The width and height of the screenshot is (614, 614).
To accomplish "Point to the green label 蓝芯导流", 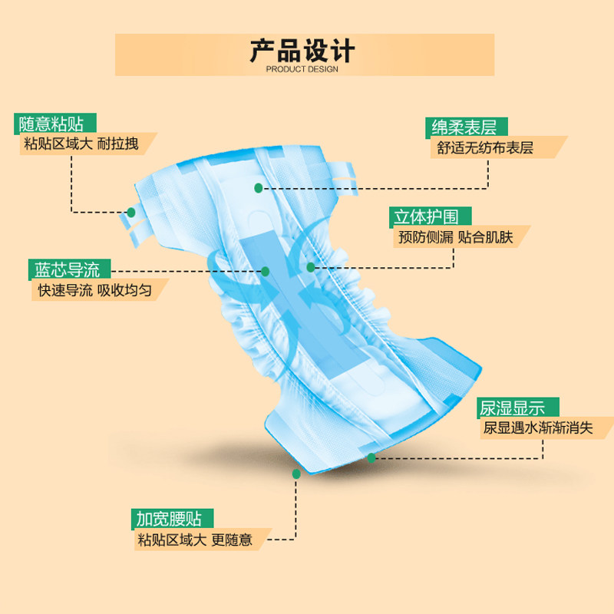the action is [67, 269].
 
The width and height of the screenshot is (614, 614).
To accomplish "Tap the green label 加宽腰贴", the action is [170, 518].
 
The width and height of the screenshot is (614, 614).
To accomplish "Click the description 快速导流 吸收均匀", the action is [90, 291].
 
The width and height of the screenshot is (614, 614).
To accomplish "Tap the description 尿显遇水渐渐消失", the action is [537, 428].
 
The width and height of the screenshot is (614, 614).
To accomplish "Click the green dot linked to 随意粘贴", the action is [131, 212].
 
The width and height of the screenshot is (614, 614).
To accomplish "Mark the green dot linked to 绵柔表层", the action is [259, 187].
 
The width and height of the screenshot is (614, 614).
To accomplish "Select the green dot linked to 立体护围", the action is [310, 267].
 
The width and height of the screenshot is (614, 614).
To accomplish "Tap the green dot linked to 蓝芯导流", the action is [265, 270].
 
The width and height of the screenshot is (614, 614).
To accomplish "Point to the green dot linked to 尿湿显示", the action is [371, 457].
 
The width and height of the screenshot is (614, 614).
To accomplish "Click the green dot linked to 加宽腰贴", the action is [296, 474].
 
